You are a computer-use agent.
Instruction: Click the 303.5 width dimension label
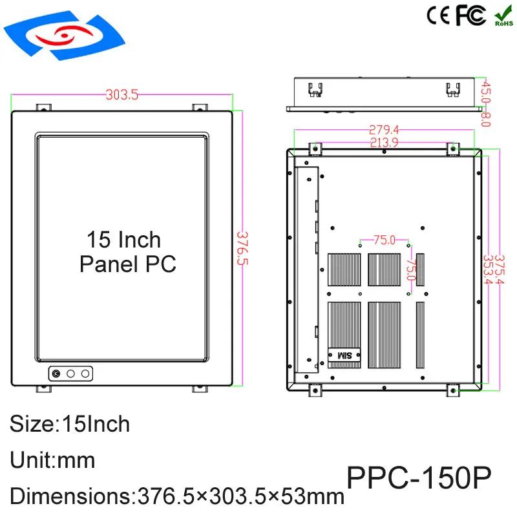coord(122,95)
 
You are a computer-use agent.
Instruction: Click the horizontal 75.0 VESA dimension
coord(384,240)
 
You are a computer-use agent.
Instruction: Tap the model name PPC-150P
coord(419,479)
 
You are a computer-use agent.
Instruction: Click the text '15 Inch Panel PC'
coord(125,251)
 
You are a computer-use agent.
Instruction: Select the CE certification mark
coord(438,16)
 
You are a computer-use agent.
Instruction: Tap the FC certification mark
coord(470,16)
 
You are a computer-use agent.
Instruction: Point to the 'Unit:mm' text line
coord(53,460)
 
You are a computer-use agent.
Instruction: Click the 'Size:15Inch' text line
coord(70,424)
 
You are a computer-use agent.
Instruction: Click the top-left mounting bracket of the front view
coord(43,106)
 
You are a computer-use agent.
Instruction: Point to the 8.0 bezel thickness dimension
coord(486,119)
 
